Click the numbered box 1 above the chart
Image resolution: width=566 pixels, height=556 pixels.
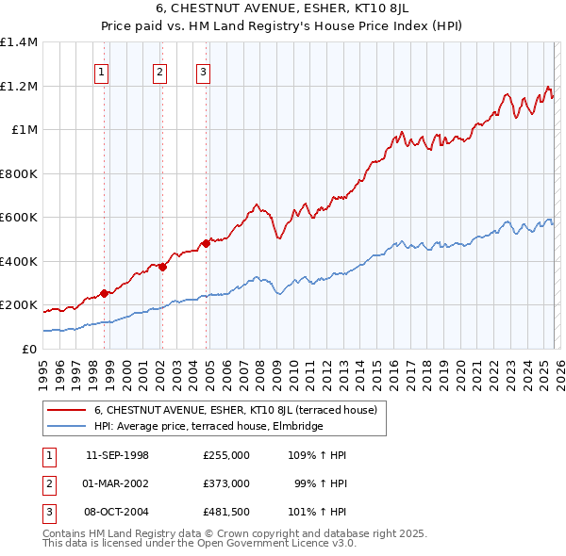[101, 71]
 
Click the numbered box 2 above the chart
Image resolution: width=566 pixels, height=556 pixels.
[159, 71]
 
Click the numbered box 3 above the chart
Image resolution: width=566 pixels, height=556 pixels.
[203, 71]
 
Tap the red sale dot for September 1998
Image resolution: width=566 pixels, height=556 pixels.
[104, 293]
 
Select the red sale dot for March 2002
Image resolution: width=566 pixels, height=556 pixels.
[162, 267]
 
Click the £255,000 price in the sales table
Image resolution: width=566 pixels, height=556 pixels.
[225, 454]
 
